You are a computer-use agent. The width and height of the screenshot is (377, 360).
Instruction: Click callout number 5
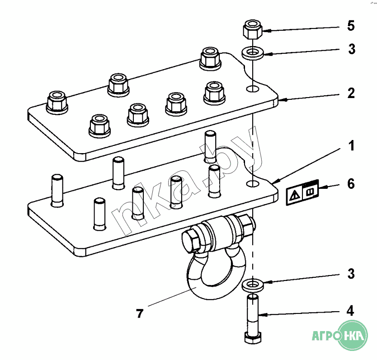click(x=351, y=26)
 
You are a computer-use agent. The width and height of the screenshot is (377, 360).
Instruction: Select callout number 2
click(x=351, y=94)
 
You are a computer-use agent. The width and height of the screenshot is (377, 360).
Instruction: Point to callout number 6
click(x=351, y=184)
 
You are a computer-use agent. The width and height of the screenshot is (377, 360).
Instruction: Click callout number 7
click(x=140, y=313)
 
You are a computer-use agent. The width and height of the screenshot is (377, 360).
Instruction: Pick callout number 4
click(x=351, y=311)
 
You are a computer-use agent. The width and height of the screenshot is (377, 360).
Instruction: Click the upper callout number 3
click(x=351, y=49)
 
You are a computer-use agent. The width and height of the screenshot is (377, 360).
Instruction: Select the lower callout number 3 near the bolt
click(x=351, y=274)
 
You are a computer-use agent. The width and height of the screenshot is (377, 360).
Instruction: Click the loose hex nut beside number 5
click(x=252, y=30)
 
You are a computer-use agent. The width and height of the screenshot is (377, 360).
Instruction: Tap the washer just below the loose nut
click(x=253, y=53)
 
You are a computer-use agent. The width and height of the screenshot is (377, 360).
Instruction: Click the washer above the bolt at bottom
click(x=253, y=285)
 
